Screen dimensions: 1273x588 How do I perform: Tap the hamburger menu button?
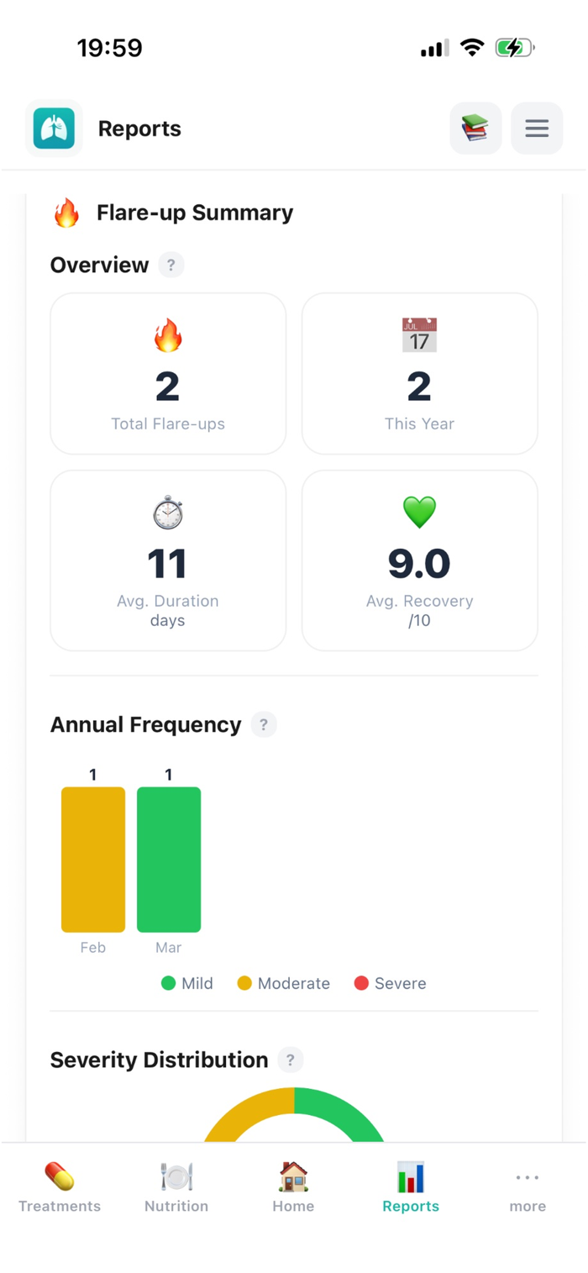click(537, 129)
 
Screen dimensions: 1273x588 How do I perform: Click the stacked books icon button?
click(475, 129)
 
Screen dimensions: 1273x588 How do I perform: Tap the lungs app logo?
click(54, 129)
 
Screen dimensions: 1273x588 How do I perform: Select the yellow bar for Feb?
click(93, 859)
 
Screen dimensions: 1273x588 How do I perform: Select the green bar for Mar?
click(169, 859)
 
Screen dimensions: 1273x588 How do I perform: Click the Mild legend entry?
click(187, 983)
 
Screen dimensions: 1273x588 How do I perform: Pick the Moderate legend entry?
click(284, 983)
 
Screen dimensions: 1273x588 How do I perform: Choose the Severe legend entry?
click(391, 983)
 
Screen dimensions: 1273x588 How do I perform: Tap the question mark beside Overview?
click(171, 265)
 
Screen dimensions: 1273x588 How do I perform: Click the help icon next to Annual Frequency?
click(264, 724)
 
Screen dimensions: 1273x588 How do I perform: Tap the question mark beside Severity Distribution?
click(291, 1060)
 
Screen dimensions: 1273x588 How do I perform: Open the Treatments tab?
click(60, 1188)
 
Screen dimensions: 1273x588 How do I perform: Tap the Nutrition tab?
click(176, 1188)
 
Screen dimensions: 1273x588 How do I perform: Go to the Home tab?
click(293, 1188)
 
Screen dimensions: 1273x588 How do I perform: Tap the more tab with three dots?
click(528, 1188)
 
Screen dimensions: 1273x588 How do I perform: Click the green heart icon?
click(419, 512)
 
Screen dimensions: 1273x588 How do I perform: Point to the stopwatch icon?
click(168, 512)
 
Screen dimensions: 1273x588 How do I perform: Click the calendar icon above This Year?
click(419, 335)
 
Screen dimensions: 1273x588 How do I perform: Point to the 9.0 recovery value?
click(419, 563)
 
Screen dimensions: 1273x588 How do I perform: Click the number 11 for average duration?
click(167, 563)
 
